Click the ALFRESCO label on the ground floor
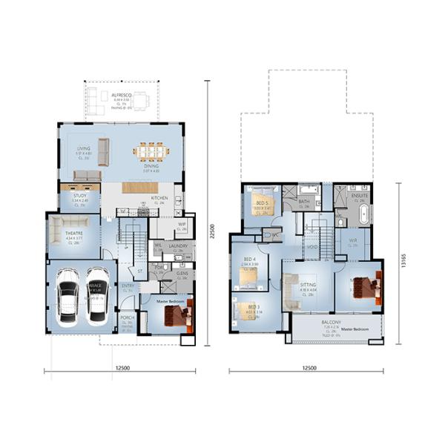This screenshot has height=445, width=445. pos(122,96)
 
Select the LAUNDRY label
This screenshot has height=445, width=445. pos(177,245)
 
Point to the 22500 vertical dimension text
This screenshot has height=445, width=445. pos(211,228)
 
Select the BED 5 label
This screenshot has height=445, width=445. pos(262,202)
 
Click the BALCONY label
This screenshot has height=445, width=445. pos(331,323)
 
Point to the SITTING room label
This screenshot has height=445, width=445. pos(308,284)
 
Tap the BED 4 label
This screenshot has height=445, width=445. pos(251,259)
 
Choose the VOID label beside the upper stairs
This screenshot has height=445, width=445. pos(313,248)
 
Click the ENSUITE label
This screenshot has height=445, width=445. pos(360,195)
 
